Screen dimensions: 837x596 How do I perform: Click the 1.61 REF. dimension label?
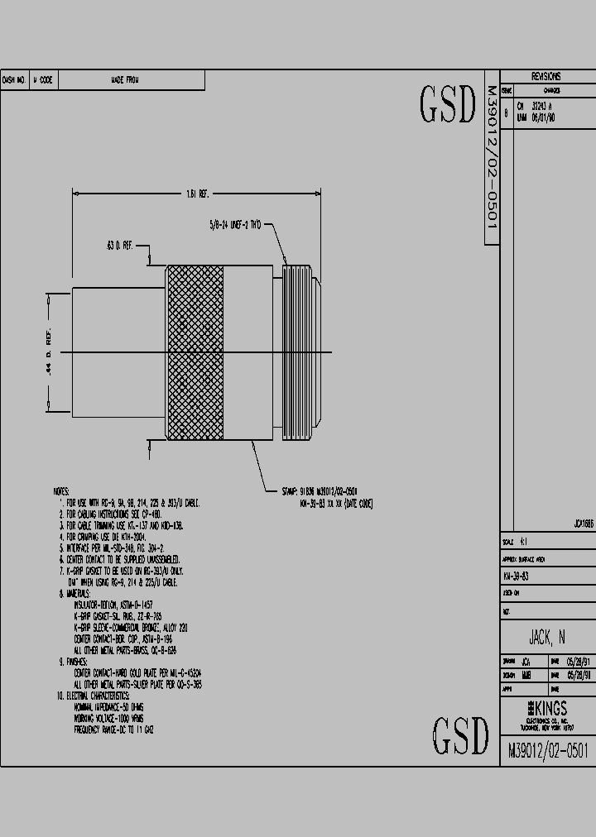[197, 194]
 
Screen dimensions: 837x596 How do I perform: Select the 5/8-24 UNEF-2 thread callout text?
[235, 224]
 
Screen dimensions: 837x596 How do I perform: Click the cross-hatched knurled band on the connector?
[195, 352]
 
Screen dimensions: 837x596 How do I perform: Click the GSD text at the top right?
[448, 103]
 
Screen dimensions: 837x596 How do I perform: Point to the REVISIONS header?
[546, 76]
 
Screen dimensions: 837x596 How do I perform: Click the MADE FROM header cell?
[125, 80]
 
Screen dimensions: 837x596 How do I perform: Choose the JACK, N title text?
[547, 637]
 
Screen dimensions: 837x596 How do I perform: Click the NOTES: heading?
[62, 492]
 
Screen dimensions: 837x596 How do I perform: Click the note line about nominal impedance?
[109, 708]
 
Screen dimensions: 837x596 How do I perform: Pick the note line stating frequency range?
[114, 730]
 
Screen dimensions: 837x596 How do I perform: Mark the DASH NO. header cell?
[15, 80]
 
